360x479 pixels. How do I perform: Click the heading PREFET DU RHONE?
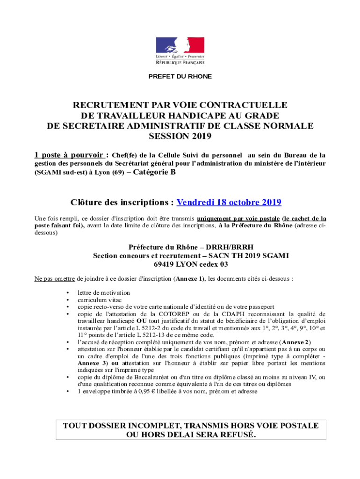click(x=180, y=76)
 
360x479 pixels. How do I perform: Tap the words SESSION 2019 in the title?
click(x=180, y=136)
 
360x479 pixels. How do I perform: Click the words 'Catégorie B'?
click(x=154, y=172)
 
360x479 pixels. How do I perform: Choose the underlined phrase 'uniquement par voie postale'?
click(x=238, y=218)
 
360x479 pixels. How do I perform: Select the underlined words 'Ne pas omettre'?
click(x=55, y=279)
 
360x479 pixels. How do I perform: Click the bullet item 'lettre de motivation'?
click(x=104, y=292)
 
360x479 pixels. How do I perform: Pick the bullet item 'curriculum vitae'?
click(x=98, y=300)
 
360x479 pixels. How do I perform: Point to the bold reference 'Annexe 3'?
click(x=92, y=363)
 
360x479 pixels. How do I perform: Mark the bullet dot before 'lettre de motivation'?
click(x=68, y=293)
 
